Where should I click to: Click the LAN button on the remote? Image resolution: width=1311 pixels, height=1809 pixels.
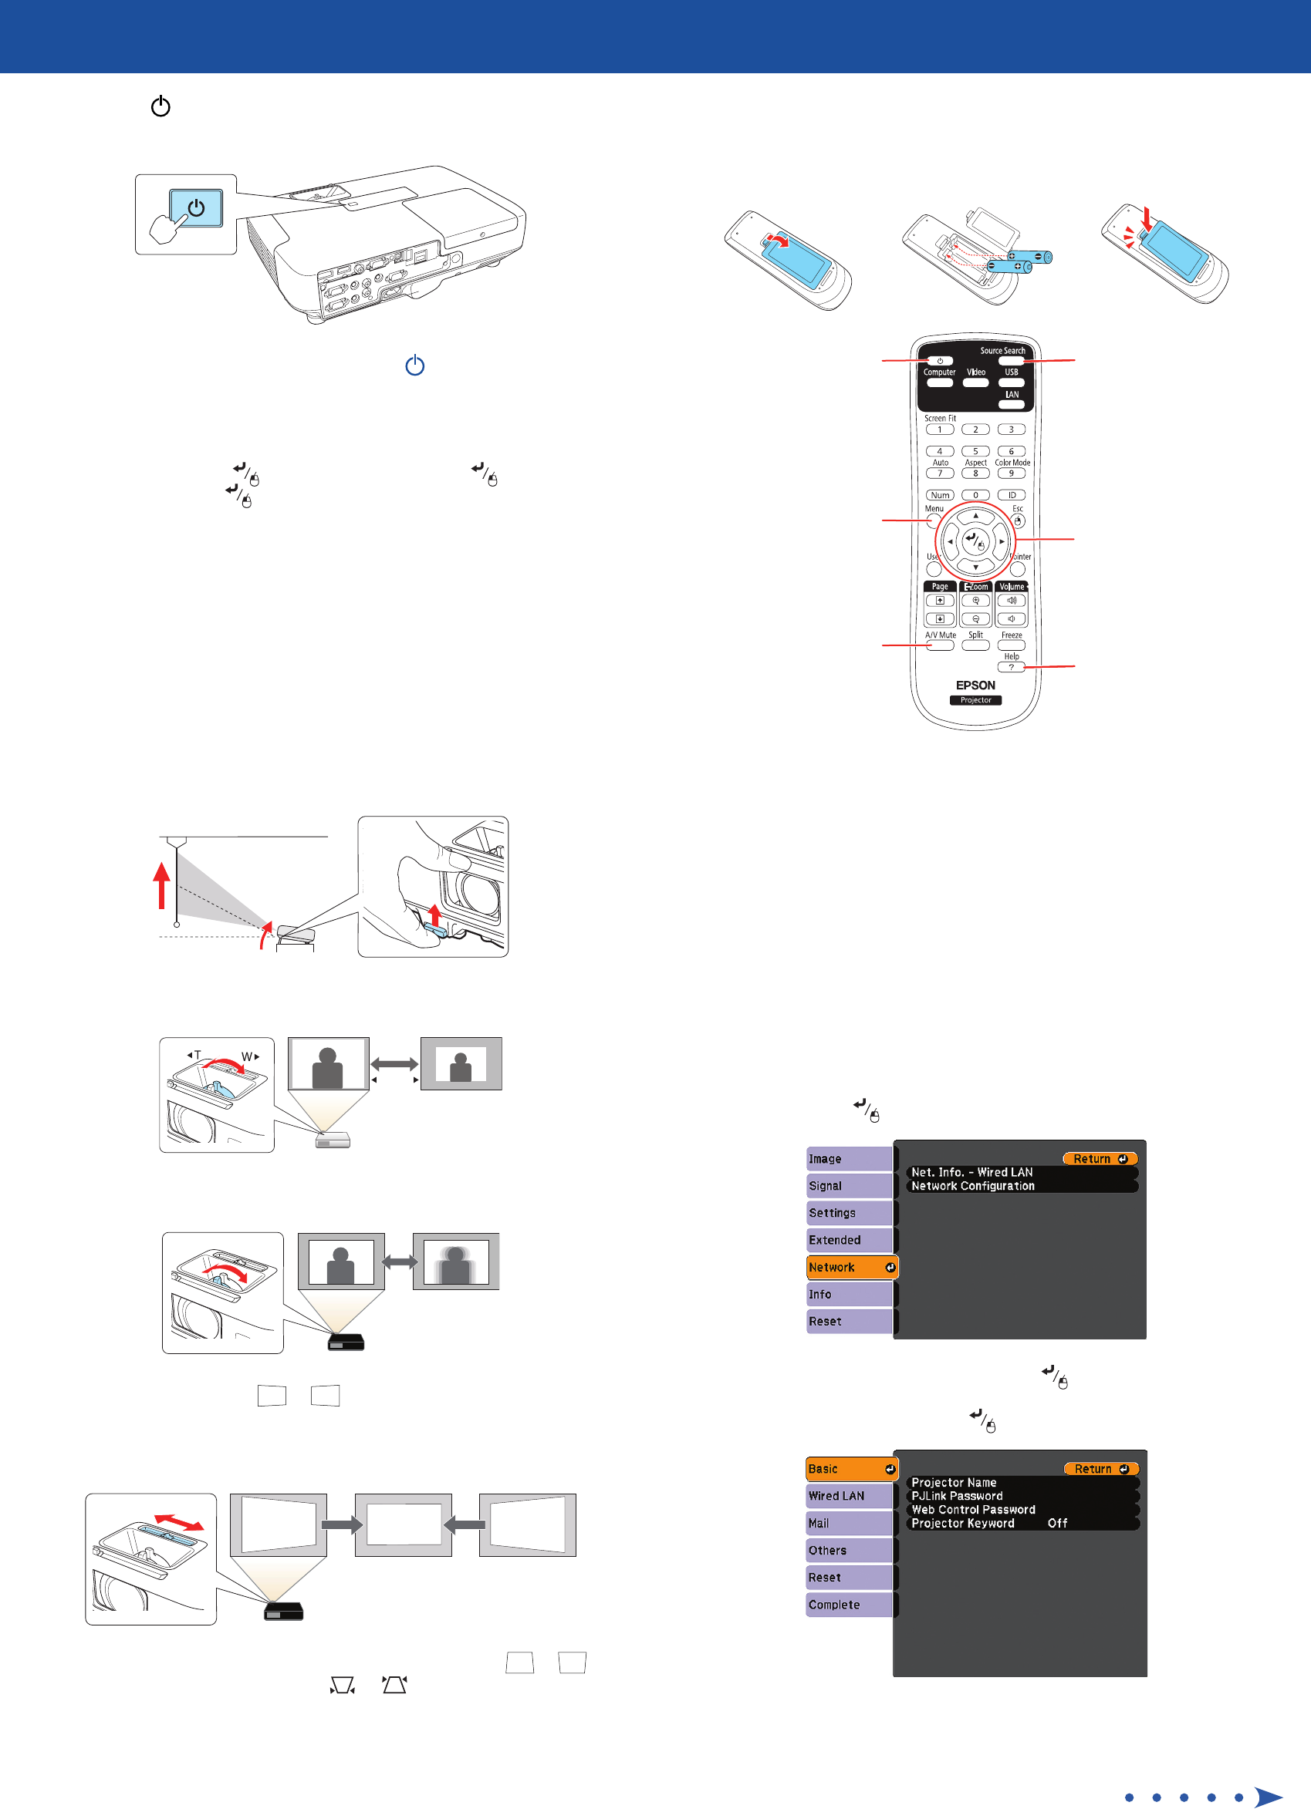coord(1011,404)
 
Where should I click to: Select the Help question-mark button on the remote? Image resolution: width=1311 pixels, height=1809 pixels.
coord(1011,667)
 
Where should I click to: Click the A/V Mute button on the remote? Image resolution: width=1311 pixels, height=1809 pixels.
coord(940,645)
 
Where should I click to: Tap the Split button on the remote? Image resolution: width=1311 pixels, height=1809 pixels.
coord(975,645)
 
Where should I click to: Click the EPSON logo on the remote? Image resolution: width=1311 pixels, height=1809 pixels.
coord(975,686)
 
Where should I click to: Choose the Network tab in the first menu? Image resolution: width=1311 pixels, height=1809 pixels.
coord(850,1268)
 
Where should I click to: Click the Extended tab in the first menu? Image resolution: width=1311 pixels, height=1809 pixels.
coord(849,1240)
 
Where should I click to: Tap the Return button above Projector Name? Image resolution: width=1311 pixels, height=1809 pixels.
coord(1101,1469)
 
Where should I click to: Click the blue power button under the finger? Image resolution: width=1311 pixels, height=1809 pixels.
coord(196,208)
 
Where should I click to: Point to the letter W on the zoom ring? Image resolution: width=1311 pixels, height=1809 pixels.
coord(247,1057)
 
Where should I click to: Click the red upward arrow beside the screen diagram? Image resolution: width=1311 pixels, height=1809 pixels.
coord(162,885)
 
